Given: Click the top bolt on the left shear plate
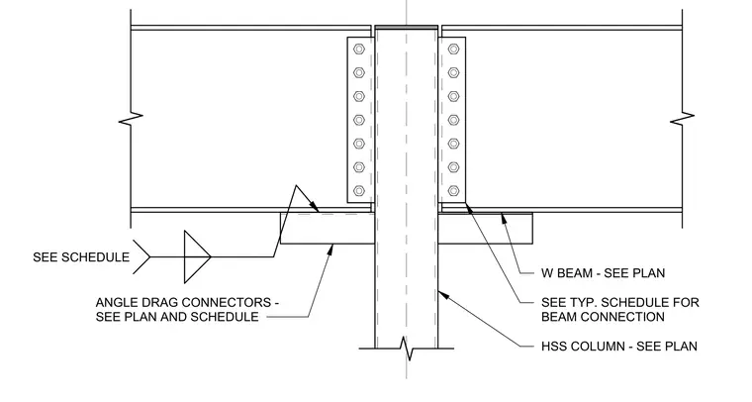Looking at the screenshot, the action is point(359,49).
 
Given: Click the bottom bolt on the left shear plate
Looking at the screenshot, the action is point(359,191).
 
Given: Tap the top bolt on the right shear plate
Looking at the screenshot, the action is point(453,49).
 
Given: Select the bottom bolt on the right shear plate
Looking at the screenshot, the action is point(453,191).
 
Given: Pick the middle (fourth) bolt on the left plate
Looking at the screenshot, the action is point(359,120).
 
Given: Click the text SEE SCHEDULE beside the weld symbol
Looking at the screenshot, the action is point(81,257).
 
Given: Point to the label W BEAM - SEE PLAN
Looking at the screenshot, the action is point(604,273).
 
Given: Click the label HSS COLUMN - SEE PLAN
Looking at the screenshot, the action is point(619,347).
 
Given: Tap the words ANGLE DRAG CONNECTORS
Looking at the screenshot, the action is point(184,303).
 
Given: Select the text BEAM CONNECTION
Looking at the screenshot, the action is point(603,317).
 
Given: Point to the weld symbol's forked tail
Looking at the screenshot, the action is point(141,257).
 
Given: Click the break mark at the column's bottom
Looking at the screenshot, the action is point(407,349).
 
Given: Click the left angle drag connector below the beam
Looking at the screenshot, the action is point(328,229).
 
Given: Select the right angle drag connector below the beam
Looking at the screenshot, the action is point(485,229).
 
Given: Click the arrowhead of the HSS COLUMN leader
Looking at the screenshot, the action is point(442,293).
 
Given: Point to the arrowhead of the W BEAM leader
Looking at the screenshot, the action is point(504,218).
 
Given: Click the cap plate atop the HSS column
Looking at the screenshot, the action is point(407,27).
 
